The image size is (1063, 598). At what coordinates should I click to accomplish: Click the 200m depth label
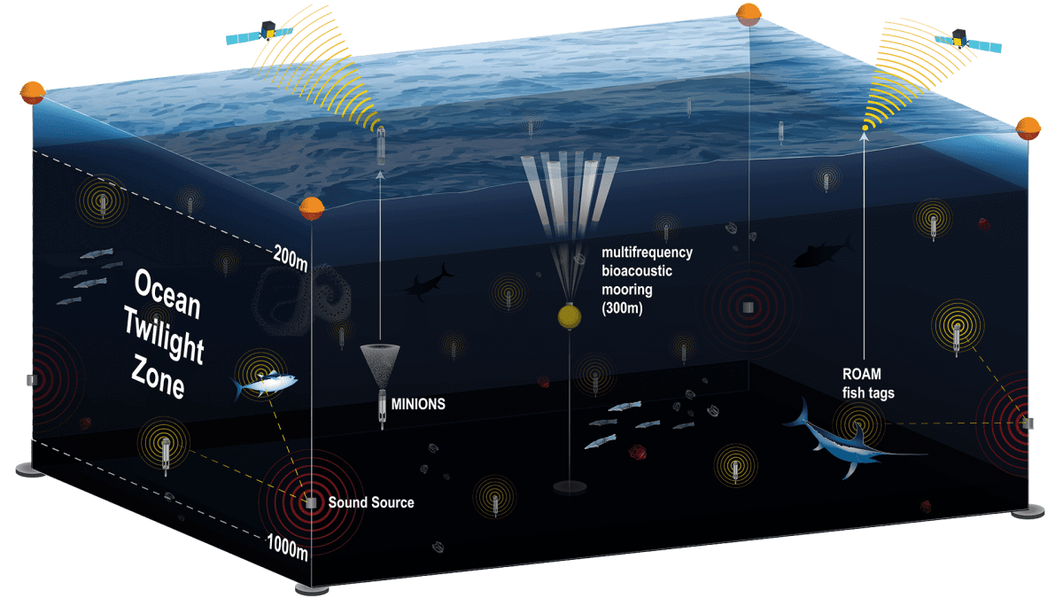[x=291, y=259]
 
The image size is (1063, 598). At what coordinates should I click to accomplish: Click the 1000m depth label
[x=288, y=547]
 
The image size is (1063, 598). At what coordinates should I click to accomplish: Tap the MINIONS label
[x=418, y=404]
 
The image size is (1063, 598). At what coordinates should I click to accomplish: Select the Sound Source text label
[x=371, y=502]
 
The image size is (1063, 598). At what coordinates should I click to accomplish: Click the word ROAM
[x=861, y=374]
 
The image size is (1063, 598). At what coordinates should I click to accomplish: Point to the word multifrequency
[x=647, y=252]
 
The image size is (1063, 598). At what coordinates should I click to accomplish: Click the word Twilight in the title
[x=164, y=335]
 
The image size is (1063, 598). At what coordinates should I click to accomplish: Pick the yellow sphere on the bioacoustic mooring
[x=570, y=316]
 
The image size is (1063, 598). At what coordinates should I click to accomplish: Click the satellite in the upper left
[x=260, y=32]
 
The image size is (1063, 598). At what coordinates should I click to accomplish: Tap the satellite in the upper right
[x=968, y=41]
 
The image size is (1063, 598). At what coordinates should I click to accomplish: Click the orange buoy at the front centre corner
[x=312, y=209]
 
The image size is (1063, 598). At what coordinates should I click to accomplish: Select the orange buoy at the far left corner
[x=33, y=93]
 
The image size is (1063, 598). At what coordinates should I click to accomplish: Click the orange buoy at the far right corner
[x=1028, y=128]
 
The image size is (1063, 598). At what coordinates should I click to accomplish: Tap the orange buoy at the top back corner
[x=749, y=15]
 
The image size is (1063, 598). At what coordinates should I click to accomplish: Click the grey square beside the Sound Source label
[x=311, y=503]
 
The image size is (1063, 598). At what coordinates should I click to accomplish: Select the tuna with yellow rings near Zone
[x=264, y=383]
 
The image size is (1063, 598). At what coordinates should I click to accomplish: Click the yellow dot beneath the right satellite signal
[x=865, y=128]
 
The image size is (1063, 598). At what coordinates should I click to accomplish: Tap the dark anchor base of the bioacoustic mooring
[x=570, y=487]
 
